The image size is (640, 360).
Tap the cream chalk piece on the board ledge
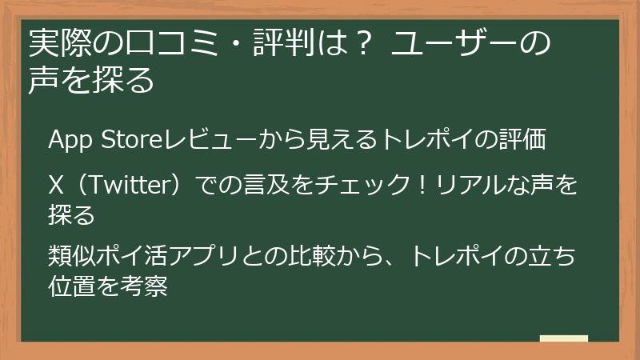tap(563, 338)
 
